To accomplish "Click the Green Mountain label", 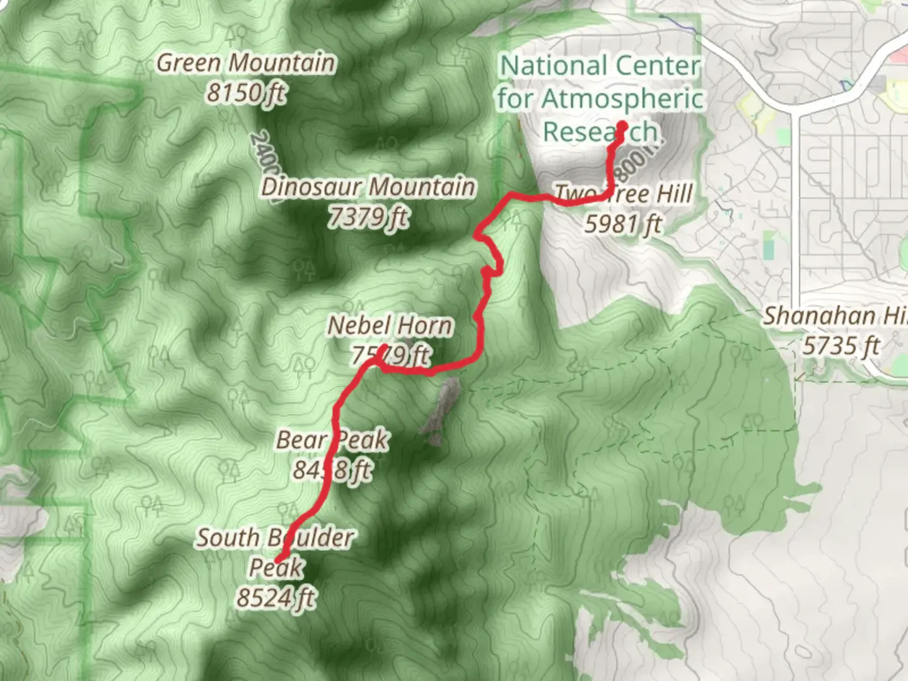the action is [x=246, y=63].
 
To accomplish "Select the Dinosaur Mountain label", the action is [x=368, y=187].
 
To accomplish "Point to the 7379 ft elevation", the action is [x=368, y=218].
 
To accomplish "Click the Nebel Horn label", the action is [x=390, y=326].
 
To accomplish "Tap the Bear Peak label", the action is [x=332, y=440].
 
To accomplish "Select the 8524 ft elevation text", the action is [x=276, y=597].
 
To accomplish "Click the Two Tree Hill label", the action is [x=623, y=194].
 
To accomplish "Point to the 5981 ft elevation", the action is [x=623, y=224].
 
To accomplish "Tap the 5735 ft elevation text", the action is [x=841, y=346].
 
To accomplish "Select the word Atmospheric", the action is [x=622, y=99].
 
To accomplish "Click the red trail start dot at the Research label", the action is [x=621, y=125].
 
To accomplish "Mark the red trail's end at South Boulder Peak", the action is [x=277, y=558].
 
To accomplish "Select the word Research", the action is [x=600, y=132].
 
